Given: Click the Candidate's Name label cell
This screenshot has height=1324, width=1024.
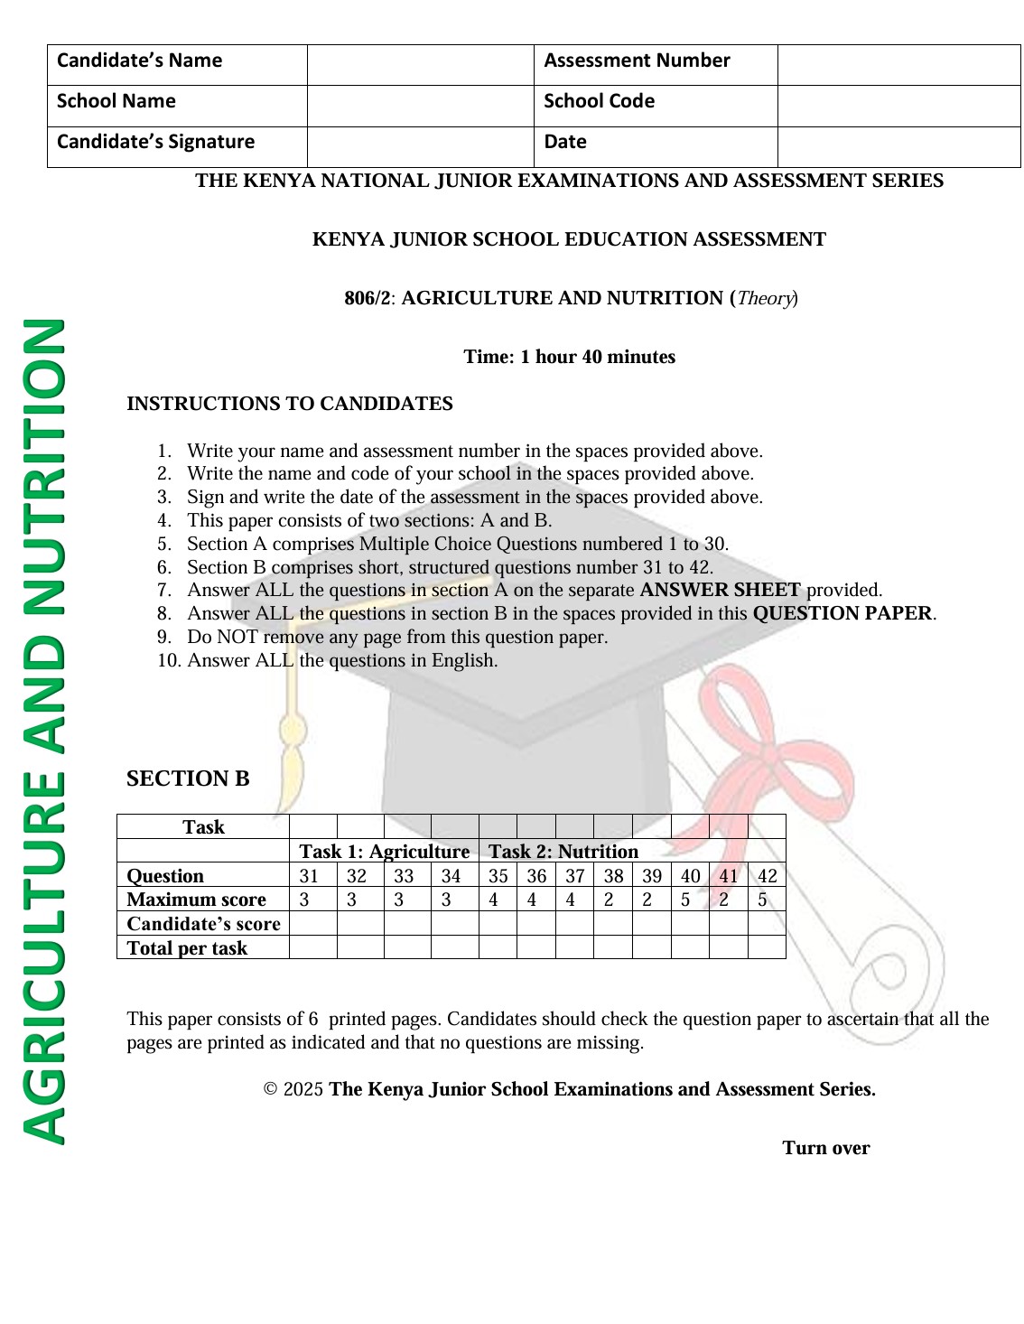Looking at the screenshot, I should pos(140,61).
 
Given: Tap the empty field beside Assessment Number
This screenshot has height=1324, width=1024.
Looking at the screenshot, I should pos(898,65).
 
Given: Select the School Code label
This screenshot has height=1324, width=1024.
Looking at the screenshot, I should pos(599,102).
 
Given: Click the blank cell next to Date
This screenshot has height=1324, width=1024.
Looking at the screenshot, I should pos(898,146).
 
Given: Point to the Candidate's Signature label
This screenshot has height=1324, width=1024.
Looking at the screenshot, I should pos(155,143).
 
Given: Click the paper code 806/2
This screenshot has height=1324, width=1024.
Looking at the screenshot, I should pos(368,299).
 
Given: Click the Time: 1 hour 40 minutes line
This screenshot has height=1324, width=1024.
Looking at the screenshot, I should pos(569,358).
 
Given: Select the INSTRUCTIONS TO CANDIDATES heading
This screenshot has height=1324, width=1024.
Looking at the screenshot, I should pos(289,404).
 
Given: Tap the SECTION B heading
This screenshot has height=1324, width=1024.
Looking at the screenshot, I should pos(188,779).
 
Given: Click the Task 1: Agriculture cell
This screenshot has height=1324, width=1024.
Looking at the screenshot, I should pos(384,852).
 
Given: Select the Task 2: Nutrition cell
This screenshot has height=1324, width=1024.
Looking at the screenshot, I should pos(563,852).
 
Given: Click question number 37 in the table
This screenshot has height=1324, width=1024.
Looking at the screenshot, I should pos(574,876).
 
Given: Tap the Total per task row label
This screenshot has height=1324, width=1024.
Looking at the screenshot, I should pos(187,948).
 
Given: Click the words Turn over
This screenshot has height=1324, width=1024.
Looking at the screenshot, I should pos(825,1148).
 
